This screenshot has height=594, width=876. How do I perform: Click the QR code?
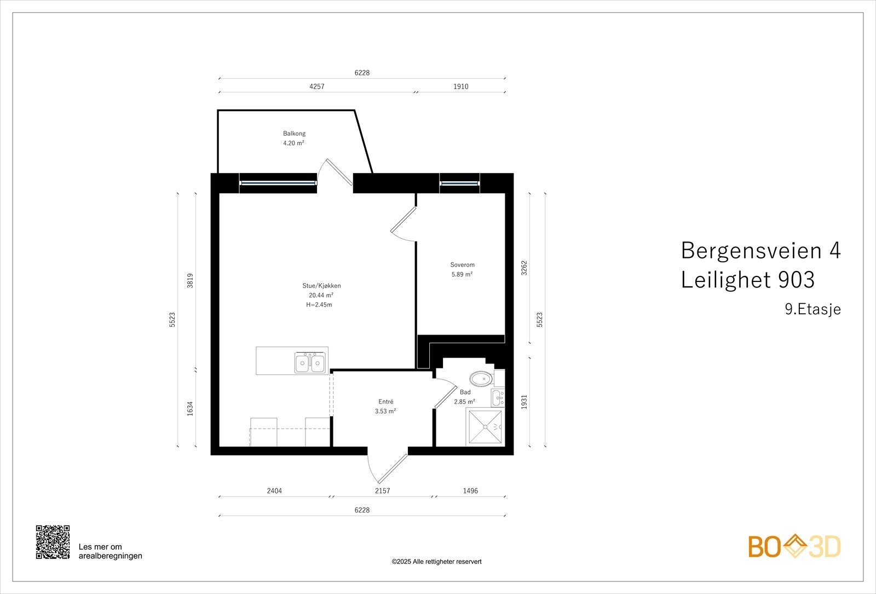(x=53, y=542)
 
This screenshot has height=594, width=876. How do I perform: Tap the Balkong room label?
(x=294, y=134)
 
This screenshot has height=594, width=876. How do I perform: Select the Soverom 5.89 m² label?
(x=462, y=270)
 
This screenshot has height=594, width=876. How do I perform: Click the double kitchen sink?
(x=310, y=362)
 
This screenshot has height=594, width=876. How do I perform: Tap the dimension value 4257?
(x=316, y=86)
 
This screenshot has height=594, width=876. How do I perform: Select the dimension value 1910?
(x=460, y=86)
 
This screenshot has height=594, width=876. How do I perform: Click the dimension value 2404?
(x=274, y=491)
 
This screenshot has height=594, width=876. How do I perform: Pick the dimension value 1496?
(x=470, y=491)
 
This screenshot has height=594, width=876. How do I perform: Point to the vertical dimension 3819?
(x=190, y=280)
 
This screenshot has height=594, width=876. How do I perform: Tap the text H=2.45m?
(x=319, y=305)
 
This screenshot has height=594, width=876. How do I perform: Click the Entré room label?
(x=385, y=402)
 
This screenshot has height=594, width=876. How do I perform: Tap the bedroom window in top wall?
(x=459, y=183)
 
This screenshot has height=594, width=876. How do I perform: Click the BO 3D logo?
(x=794, y=546)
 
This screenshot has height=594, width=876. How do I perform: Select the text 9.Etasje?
(x=812, y=309)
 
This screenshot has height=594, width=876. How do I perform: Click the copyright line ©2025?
(x=436, y=562)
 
